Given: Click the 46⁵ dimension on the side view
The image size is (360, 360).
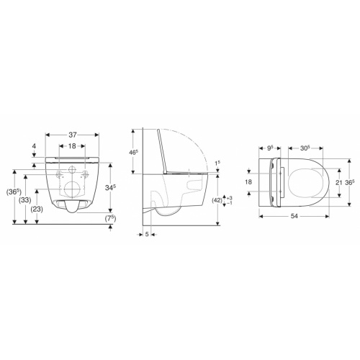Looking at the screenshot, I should coord(132,153).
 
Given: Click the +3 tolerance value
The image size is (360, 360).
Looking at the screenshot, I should coord(229,196).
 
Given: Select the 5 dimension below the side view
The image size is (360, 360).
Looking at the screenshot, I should coord(146,233).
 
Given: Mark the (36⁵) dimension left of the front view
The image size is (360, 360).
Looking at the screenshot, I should coord(12,193).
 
